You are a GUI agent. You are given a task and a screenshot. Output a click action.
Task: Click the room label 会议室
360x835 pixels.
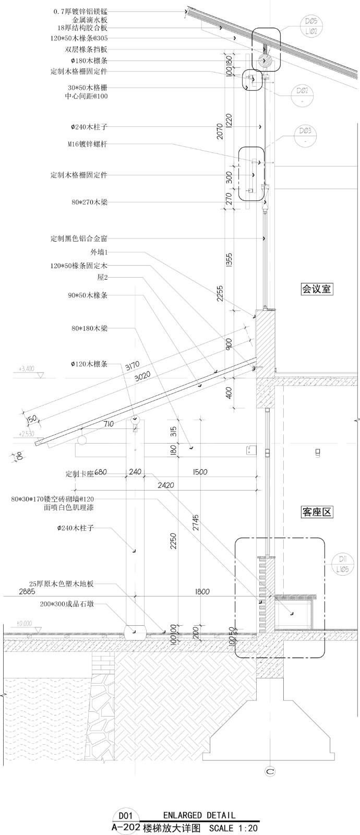pyautogui.click(x=317, y=288)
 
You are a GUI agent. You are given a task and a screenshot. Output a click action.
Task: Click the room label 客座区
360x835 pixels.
pyautogui.click(x=317, y=512)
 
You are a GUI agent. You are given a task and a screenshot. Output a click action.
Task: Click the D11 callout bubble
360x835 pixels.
pyautogui.click(x=342, y=564)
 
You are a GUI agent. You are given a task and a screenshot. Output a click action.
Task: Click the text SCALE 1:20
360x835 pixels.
pyautogui.click(x=233, y=828)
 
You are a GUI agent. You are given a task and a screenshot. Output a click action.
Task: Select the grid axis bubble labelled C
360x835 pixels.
pyautogui.click(x=270, y=771)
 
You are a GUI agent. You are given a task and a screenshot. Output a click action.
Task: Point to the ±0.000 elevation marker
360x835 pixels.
pyautogui.click(x=24, y=623)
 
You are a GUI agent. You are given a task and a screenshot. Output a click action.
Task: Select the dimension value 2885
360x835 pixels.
pyautogui.click(x=13, y=592)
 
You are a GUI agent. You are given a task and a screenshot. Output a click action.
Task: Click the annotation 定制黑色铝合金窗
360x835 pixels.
pyautogui.click(x=79, y=238)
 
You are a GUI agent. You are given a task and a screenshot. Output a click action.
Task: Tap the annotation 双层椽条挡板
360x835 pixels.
pyautogui.click(x=86, y=49)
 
